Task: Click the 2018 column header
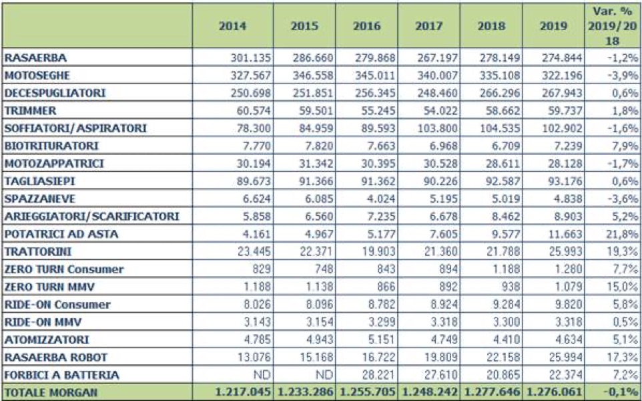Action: coord(492,27)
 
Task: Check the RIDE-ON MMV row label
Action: coord(37,322)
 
